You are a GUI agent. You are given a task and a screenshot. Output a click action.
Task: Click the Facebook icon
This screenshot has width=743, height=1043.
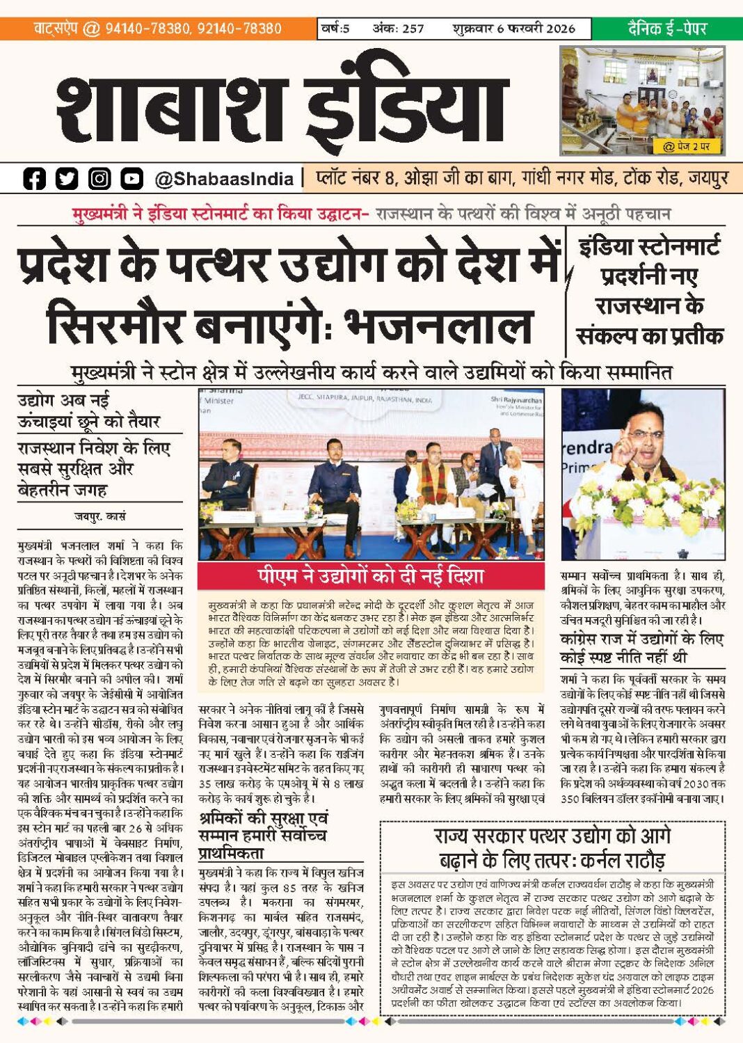[33, 179]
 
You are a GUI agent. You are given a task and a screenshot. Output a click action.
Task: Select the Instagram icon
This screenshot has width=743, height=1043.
[99, 179]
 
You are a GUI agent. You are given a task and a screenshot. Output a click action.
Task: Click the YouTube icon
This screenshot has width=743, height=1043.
[131, 179]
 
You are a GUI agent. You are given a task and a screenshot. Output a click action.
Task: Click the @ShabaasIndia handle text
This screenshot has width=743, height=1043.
[224, 179]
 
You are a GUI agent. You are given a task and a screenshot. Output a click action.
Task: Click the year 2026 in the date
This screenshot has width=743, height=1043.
[560, 29]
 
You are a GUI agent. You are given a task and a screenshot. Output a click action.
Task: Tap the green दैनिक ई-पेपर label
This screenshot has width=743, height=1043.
[666, 29]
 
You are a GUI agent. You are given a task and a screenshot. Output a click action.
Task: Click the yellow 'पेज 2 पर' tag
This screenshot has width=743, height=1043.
[686, 147]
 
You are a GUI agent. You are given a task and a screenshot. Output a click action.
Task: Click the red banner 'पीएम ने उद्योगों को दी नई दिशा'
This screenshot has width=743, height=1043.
[370, 576]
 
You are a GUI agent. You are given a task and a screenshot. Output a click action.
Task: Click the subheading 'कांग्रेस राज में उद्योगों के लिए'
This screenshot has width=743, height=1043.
[641, 639]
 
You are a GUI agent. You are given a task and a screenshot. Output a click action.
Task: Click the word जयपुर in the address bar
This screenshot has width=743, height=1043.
[708, 178]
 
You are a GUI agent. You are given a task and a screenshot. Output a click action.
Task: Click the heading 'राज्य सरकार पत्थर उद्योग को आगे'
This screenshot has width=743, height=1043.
[552, 836]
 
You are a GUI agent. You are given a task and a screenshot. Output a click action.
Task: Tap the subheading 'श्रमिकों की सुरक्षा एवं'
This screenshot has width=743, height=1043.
[263, 818]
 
